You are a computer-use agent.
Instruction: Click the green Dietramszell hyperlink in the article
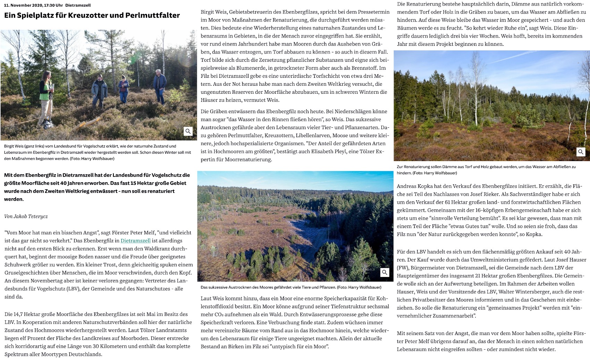pos(135,241)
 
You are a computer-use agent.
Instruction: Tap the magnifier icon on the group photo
pos(188,131)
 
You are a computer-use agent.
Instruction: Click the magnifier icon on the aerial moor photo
pos(385,273)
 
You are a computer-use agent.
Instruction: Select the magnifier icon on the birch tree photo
pos(581,152)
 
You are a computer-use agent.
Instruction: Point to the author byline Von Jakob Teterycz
pos(26,216)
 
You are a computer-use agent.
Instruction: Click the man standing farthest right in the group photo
pos(160,86)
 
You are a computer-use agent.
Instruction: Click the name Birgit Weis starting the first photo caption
pos(14,146)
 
